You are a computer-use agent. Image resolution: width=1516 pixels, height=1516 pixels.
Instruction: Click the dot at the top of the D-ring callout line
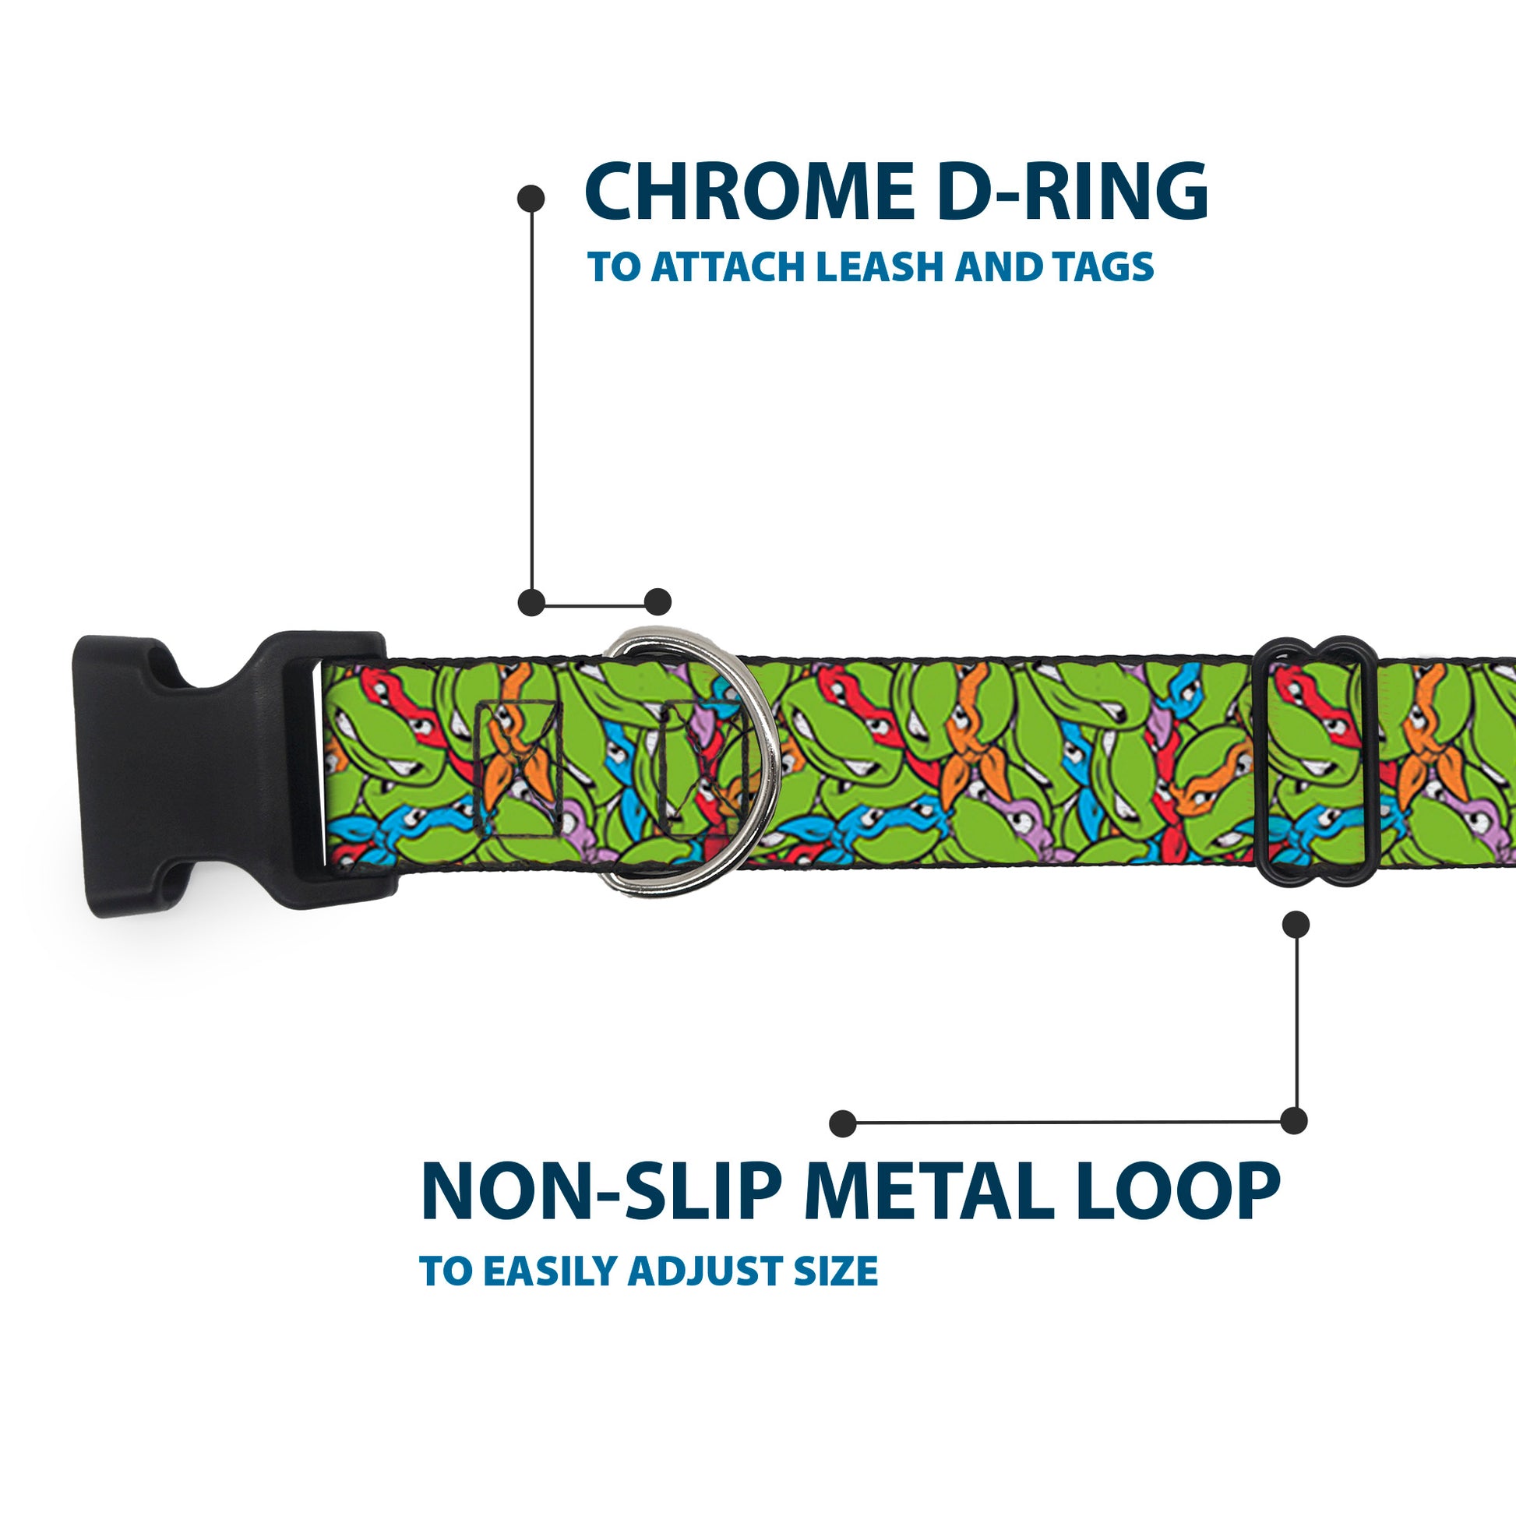coord(531,199)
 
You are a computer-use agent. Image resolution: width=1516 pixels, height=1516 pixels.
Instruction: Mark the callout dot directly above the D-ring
coord(658,602)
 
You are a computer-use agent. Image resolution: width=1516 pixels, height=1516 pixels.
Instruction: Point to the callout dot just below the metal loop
coord(1296,925)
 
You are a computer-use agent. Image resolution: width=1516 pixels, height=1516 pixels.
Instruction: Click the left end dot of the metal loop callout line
coord(843,1123)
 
